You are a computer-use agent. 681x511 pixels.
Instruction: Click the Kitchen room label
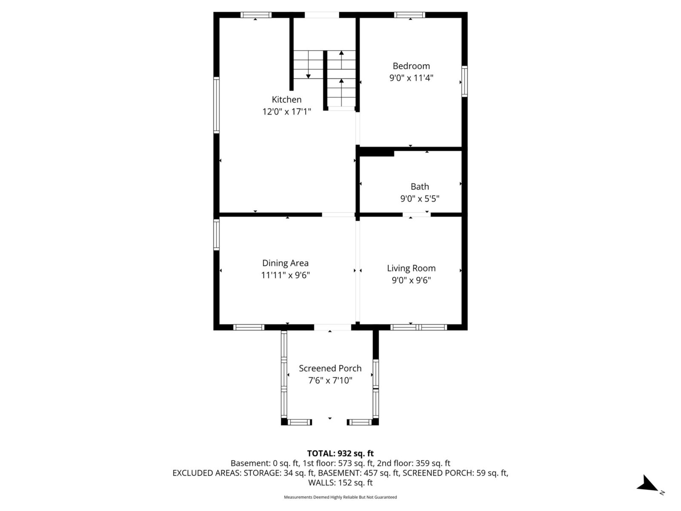[x=286, y=100]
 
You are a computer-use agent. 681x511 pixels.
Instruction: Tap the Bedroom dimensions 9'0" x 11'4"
[x=411, y=78]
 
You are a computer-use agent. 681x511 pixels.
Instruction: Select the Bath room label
[x=420, y=187]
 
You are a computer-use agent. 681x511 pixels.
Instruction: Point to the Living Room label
[x=411, y=268]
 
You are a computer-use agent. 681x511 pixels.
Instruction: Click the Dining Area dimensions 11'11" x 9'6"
[x=285, y=275]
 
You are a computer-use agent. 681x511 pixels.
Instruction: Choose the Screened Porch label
[x=330, y=368]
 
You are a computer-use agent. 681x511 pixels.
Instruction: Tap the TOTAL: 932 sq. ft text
[x=340, y=454]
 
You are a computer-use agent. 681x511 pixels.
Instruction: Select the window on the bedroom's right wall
[x=464, y=81]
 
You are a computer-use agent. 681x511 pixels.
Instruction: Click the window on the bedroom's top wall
[x=409, y=15]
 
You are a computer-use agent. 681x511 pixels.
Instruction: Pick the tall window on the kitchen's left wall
[x=216, y=105]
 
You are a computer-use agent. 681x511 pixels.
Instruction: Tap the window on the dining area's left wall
[x=216, y=234]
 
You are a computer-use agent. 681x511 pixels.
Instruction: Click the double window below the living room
[x=418, y=327]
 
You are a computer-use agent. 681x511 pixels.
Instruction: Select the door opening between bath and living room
[x=417, y=214]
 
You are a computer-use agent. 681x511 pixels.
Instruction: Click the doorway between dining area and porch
[x=332, y=327]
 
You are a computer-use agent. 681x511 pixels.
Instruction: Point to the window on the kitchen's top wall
[x=256, y=15]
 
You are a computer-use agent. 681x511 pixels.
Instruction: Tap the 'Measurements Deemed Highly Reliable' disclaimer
[x=340, y=497]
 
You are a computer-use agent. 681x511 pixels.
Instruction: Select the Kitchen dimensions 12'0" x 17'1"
[x=286, y=112]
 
